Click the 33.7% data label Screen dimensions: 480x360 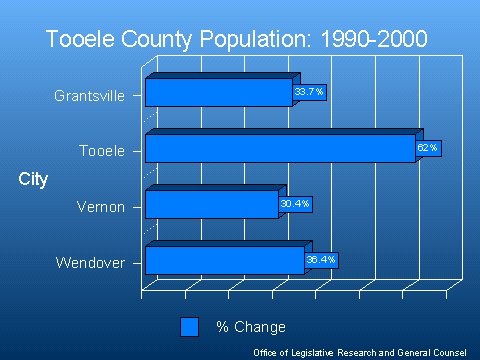coord(309,92)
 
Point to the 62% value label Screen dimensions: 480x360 coord(428,148)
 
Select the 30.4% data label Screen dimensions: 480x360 coord(295,204)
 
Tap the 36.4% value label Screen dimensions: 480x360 coord(321,260)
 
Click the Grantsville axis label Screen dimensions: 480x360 coord(90,96)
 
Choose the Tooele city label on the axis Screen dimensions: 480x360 coord(102,151)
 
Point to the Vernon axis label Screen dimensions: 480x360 coord(101,207)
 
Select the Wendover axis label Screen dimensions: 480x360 coord(90,263)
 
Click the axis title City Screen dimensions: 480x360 coord(33,180)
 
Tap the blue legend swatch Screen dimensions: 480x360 coord(189,327)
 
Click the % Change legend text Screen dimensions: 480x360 coord(251,327)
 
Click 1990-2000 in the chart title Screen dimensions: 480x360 coord(374,39)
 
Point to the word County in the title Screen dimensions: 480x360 coord(156,40)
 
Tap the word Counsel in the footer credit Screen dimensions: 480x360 coord(450,353)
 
